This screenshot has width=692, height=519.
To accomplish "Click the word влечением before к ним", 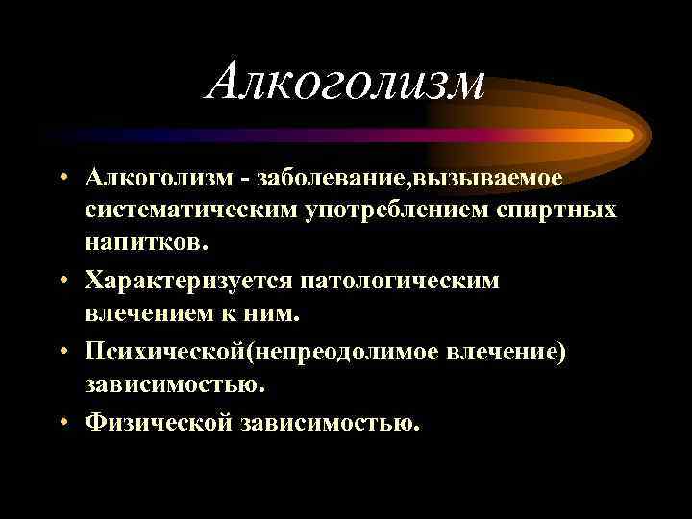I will click(154, 311).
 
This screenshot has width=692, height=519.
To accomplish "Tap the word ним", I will click(276, 311).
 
